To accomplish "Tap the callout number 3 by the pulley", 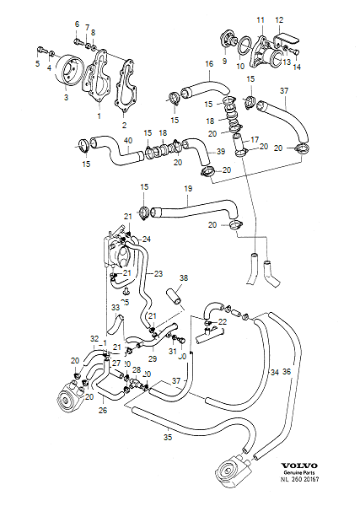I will click(x=65, y=98).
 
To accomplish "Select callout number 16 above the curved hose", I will click(x=209, y=63).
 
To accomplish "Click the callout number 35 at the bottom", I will click(x=167, y=438).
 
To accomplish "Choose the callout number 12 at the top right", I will click(x=279, y=19).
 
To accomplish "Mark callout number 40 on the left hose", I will click(x=127, y=140).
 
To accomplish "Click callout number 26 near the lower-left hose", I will click(x=102, y=412).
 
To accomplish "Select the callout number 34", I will click(x=274, y=371).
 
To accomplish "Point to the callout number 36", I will click(x=287, y=371).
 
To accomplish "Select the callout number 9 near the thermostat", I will click(x=224, y=61).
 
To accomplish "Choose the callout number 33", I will click(x=116, y=309).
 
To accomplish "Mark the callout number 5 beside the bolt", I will click(x=37, y=62).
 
